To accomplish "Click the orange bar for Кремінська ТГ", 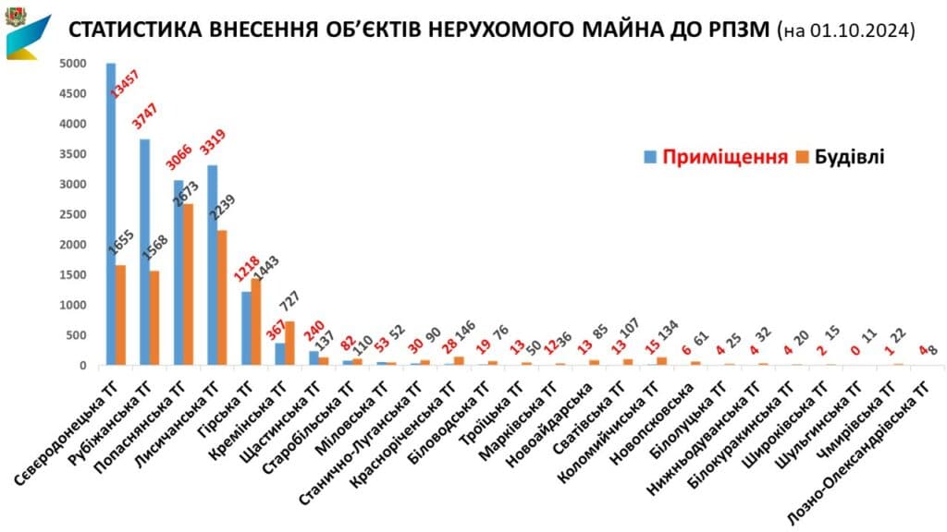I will (289, 343).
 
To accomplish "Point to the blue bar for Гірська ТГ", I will (246, 328).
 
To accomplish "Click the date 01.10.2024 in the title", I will (859, 31).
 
